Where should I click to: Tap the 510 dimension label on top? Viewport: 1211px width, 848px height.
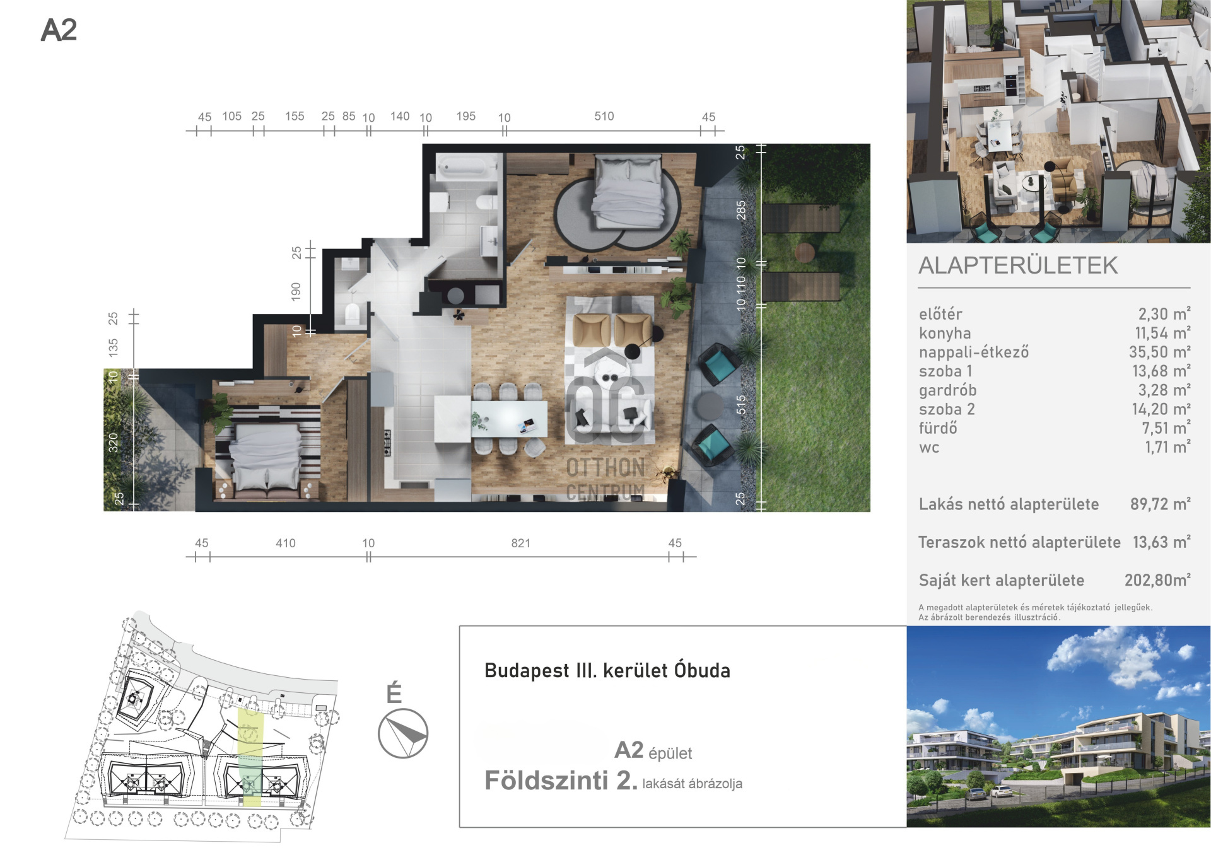pos(604,116)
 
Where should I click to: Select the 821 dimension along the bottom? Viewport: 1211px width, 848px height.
pos(520,543)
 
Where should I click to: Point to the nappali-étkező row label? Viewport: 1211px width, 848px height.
pos(973,352)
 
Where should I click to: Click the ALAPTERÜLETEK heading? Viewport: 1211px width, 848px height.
pos(1018,265)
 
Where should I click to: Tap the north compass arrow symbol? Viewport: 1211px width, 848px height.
pos(403,733)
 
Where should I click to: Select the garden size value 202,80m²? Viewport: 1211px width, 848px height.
pos(1157,580)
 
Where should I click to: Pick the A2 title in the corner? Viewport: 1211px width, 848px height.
pos(59,30)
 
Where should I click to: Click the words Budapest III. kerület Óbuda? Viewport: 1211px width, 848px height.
pos(607,670)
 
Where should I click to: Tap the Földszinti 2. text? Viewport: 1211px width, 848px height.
pos(561,781)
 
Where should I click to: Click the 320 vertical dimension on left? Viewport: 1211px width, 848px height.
pos(114,442)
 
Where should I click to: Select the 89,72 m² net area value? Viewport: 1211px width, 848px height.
pos(1160,504)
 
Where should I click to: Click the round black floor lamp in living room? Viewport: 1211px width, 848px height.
pos(632,351)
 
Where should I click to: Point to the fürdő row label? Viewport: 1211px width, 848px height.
pos(937,428)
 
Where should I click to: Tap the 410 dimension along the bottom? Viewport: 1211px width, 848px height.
pos(285,543)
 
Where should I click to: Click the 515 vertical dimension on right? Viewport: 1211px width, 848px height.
pos(741,404)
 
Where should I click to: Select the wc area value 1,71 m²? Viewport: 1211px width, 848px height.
pos(1167,447)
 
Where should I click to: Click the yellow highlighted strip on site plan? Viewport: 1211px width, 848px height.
pos(250,757)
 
